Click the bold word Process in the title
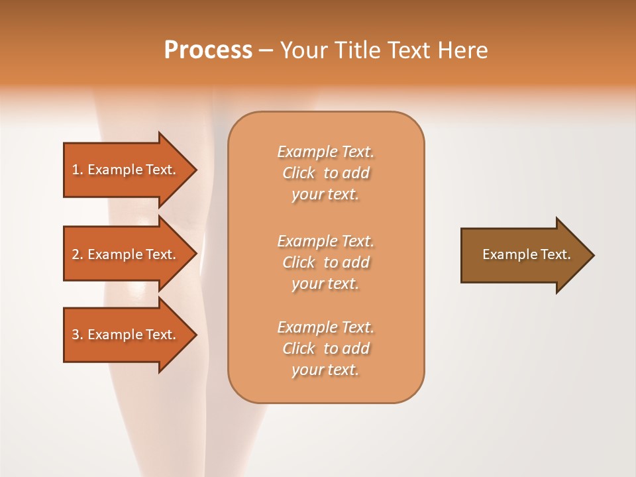pyautogui.click(x=208, y=50)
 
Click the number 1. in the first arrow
pyautogui.click(x=78, y=170)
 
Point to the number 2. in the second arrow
pyautogui.click(x=78, y=254)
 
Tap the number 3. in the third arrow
pyautogui.click(x=78, y=335)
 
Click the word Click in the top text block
pyautogui.click(x=298, y=173)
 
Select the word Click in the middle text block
pyautogui.click(x=298, y=262)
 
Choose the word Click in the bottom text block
pyautogui.click(x=298, y=348)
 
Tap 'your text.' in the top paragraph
pyautogui.click(x=325, y=194)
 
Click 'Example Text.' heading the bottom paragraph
pyautogui.click(x=325, y=327)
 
